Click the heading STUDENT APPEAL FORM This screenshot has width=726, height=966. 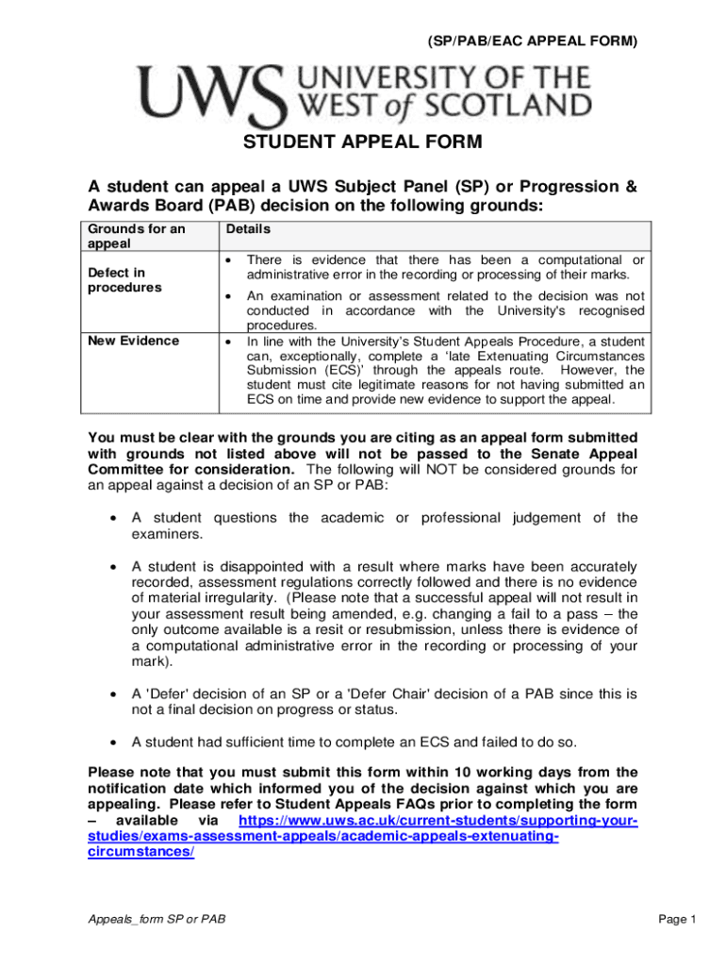363,142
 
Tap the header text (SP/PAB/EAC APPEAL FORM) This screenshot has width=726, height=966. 533,42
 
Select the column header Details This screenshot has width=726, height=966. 247,229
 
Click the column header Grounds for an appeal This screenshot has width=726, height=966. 136,236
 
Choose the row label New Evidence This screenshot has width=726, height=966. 132,341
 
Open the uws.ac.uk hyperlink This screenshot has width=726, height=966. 362,837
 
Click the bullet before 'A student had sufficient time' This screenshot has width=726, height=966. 113,741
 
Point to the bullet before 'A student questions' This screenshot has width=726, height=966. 113,518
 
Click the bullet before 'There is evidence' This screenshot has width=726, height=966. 228,259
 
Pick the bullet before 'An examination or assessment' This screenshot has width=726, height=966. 228,296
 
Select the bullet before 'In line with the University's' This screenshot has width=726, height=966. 228,341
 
